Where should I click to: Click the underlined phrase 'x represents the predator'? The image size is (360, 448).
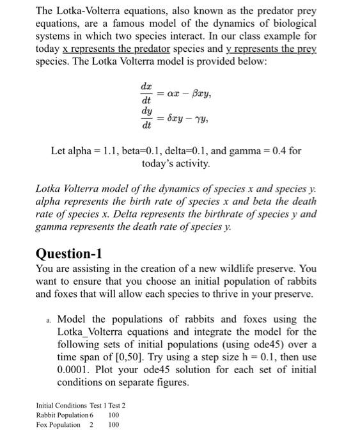pos(103,50)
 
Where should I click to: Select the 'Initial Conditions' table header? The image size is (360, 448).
pos(61,405)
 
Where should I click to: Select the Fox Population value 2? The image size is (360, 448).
pos(92,424)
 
